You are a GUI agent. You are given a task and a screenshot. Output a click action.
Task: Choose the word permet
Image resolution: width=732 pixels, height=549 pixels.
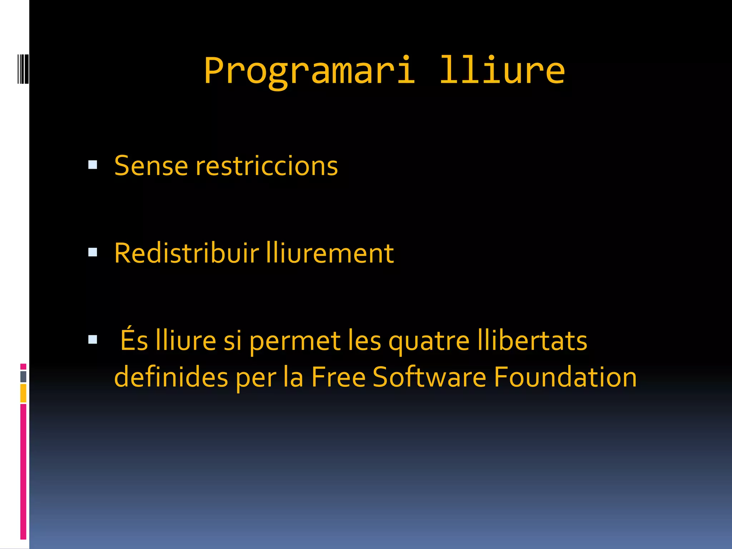tap(295, 341)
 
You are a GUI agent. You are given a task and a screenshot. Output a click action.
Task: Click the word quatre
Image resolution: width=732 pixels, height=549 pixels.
tap(429, 341)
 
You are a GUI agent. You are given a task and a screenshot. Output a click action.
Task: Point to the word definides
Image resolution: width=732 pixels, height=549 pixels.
tap(171, 377)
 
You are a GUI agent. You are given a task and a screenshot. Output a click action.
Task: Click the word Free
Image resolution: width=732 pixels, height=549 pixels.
tap(338, 377)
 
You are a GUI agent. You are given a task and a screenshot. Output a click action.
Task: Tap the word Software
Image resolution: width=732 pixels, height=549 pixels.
tap(429, 377)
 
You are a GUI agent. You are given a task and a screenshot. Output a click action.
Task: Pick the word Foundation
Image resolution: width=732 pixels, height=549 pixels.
tap(565, 377)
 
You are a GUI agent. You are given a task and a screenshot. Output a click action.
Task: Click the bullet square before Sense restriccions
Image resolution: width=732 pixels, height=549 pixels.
tap(93, 164)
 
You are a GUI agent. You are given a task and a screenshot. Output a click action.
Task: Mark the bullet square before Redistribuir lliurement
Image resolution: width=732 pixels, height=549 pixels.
tap(93, 252)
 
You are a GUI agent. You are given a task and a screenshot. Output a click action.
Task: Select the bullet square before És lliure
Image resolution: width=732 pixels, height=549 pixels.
tap(93, 339)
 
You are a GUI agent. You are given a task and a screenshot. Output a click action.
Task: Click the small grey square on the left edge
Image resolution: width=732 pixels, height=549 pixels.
tap(23, 376)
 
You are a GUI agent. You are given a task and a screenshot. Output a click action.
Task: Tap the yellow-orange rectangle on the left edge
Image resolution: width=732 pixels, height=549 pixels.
tap(23, 393)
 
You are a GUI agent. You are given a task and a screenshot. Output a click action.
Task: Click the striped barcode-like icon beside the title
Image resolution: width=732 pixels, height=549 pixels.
tap(23, 69)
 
